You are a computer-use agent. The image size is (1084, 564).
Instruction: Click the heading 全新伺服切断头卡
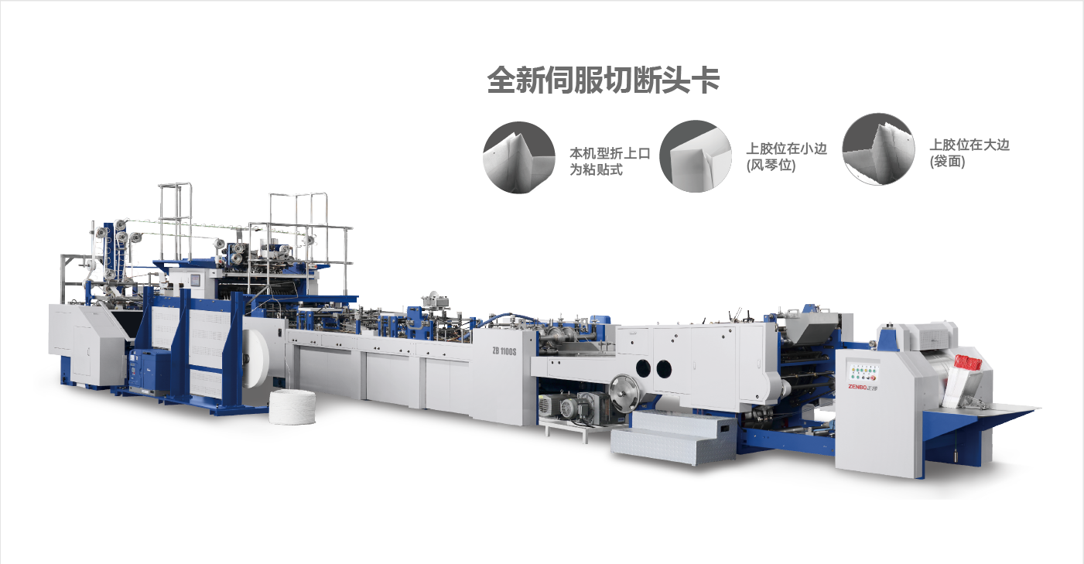click(x=603, y=80)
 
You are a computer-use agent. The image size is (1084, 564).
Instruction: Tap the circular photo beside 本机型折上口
click(x=518, y=157)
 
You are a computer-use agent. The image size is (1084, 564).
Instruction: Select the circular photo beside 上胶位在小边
click(x=696, y=156)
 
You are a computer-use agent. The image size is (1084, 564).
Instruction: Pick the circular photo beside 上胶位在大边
click(x=878, y=149)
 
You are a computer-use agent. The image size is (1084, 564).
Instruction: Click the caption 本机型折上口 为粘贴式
click(x=610, y=162)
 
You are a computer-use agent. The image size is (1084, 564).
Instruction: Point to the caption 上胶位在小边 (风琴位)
click(x=786, y=157)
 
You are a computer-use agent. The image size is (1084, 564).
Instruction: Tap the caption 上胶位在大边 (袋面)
click(x=969, y=153)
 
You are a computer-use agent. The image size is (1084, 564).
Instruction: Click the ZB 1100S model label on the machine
click(x=504, y=351)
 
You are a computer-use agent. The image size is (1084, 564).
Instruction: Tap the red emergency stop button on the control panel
click(x=872, y=378)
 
